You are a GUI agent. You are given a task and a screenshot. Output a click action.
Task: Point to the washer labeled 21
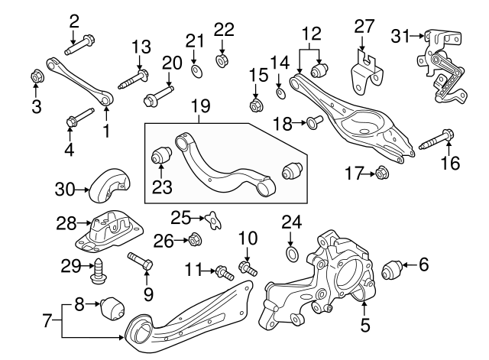(196, 71)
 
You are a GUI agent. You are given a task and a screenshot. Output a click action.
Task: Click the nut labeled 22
(222, 59)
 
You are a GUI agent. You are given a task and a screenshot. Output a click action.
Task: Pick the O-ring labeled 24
(292, 252)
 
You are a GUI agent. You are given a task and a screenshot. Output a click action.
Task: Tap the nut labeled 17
(381, 174)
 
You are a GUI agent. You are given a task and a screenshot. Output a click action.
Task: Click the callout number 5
(364, 325)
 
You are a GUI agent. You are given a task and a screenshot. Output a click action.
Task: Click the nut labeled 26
(194, 241)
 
